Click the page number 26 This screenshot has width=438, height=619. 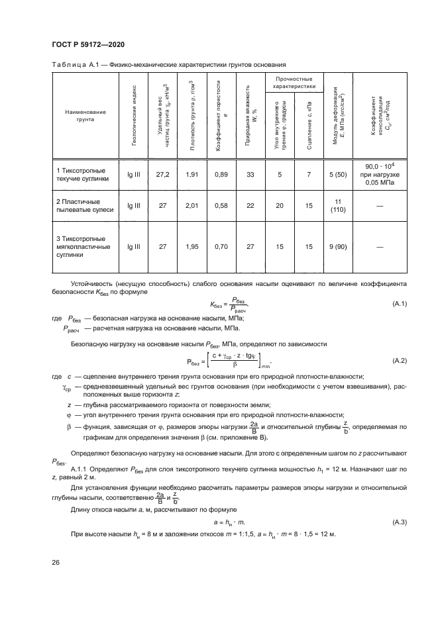(x=55, y=563)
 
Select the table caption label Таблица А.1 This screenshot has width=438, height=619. (x=76, y=65)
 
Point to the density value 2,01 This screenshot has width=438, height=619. (x=191, y=206)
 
